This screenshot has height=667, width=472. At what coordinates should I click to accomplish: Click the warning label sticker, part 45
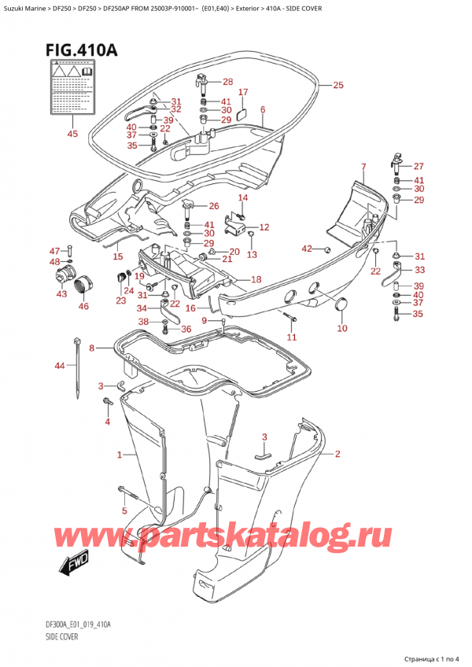click(x=72, y=93)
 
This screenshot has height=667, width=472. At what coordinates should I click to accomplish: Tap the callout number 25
click(x=338, y=85)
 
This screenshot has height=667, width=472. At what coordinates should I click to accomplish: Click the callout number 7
click(x=363, y=166)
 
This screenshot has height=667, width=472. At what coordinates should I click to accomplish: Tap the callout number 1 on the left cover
click(x=120, y=455)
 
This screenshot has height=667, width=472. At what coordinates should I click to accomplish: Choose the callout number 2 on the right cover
click(x=337, y=454)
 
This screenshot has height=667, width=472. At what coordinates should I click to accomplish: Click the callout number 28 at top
click(x=227, y=82)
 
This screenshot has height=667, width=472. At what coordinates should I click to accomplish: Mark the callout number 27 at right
click(x=418, y=166)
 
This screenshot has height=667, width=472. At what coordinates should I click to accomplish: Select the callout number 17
click(x=243, y=92)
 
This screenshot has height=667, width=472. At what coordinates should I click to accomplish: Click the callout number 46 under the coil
click(x=83, y=306)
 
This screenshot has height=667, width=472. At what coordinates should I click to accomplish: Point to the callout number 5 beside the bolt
click(x=123, y=510)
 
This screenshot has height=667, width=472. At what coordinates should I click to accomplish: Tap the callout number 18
click(x=256, y=280)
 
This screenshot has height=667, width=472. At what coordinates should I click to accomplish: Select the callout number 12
click(x=264, y=227)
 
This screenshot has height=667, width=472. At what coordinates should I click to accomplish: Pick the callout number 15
click(x=117, y=256)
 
